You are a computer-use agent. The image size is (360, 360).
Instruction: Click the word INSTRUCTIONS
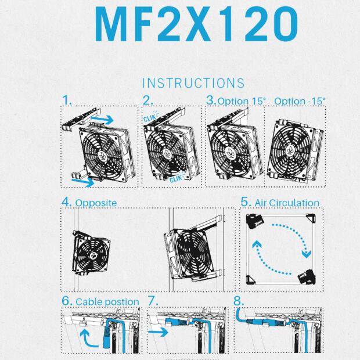(193, 84)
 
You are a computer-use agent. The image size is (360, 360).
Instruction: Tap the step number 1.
(67, 100)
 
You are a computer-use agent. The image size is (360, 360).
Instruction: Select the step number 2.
(148, 100)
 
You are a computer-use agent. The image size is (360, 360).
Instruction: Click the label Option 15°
(236, 100)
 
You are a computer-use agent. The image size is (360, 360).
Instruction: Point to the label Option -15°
(300, 100)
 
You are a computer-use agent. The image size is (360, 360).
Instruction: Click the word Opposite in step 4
(96, 203)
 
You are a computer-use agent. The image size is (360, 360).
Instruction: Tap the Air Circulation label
(285, 203)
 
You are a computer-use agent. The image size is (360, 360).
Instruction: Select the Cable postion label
(107, 301)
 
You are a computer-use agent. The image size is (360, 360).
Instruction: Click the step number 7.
(153, 301)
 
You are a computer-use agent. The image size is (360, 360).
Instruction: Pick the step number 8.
(239, 301)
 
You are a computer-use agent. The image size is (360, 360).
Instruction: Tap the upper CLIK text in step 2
(150, 117)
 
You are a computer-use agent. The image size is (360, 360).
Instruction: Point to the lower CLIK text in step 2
(176, 179)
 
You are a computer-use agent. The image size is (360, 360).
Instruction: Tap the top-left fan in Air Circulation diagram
(255, 221)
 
